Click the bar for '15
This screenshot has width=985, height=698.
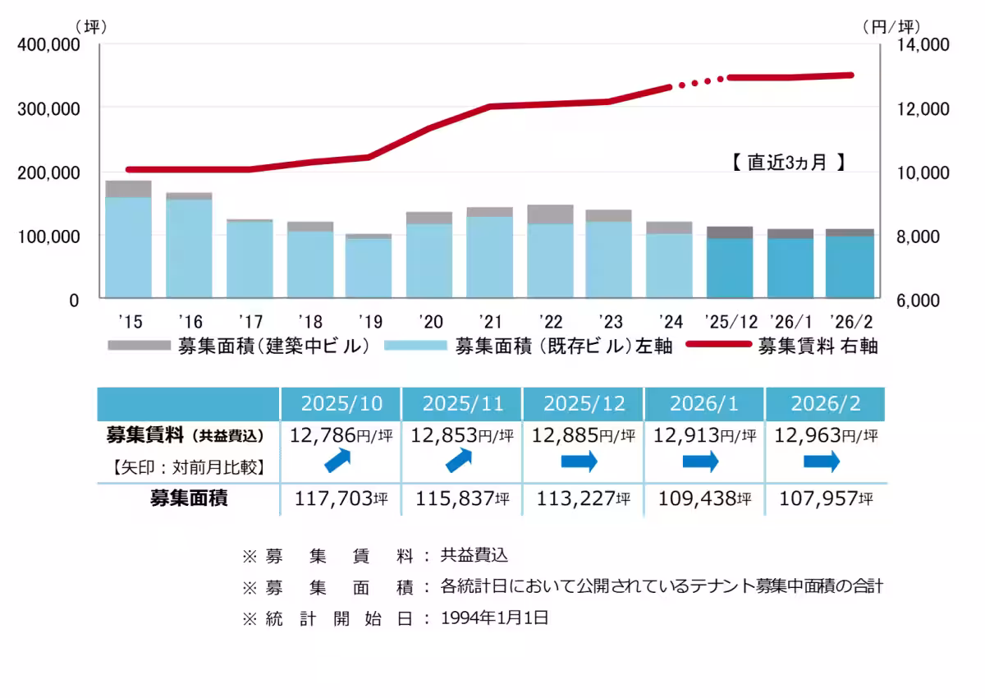pyautogui.click(x=128, y=240)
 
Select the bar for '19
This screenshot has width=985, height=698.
pyautogui.click(x=368, y=266)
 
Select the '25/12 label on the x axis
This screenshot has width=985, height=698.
pyautogui.click(x=730, y=319)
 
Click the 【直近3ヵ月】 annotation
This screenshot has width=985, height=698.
pyautogui.click(x=788, y=163)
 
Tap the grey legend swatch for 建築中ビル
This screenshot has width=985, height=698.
pyautogui.click(x=139, y=346)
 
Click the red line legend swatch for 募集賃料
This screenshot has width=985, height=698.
pyautogui.click(x=717, y=346)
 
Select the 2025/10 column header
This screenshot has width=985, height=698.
pyautogui.click(x=341, y=404)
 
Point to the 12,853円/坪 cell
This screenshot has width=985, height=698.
pyautogui.click(x=461, y=434)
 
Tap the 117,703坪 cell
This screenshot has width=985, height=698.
pyautogui.click(x=341, y=498)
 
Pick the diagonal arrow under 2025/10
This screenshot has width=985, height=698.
pyautogui.click(x=340, y=462)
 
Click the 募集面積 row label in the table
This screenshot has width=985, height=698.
pyautogui.click(x=188, y=498)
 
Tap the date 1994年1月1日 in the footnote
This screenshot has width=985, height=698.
pyautogui.click(x=494, y=618)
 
